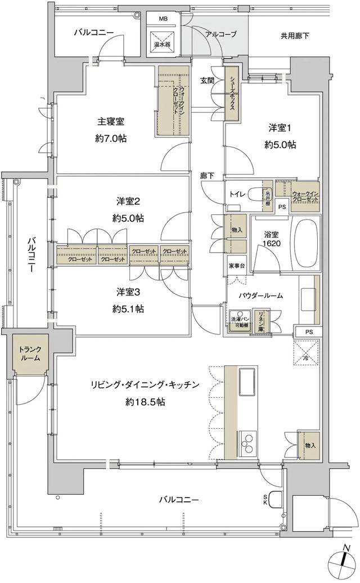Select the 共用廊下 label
pyautogui.click(x=295, y=36)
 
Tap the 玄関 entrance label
pyautogui.click(x=206, y=80)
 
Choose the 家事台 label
pyautogui.click(x=236, y=266)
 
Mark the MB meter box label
pyautogui.click(x=163, y=19)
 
